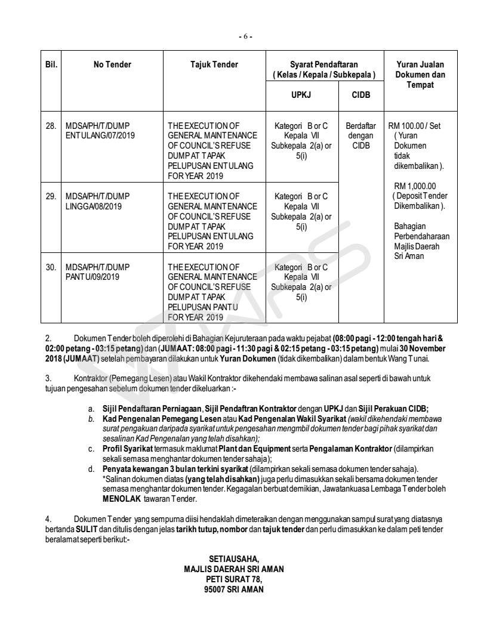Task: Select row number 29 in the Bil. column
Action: point(52,196)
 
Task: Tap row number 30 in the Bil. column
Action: point(52,267)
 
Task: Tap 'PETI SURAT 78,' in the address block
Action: point(234,578)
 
